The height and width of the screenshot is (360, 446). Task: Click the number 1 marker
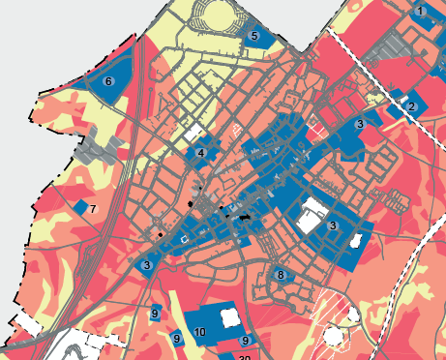coord(421,11)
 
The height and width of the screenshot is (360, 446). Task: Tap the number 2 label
coord(411,106)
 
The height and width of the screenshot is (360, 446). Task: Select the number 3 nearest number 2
coord(359,124)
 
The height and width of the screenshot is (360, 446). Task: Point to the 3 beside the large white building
coord(332,225)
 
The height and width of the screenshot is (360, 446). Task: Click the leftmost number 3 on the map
coord(146,265)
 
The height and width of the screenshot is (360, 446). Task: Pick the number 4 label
coord(200,153)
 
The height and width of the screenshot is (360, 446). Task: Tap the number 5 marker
coord(253,36)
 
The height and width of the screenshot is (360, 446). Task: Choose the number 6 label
coord(108,81)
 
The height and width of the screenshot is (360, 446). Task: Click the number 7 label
coord(92,209)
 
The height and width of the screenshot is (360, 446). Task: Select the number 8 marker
coord(281,275)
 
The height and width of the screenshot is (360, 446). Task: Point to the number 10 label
coord(199,332)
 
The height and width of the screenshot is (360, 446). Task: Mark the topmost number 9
coord(154,314)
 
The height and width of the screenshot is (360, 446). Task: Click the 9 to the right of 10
coord(246,341)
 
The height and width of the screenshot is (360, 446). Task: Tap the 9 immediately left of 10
coord(176,338)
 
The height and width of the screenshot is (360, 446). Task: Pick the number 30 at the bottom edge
coord(244,357)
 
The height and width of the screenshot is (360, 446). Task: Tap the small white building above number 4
coord(196,131)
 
